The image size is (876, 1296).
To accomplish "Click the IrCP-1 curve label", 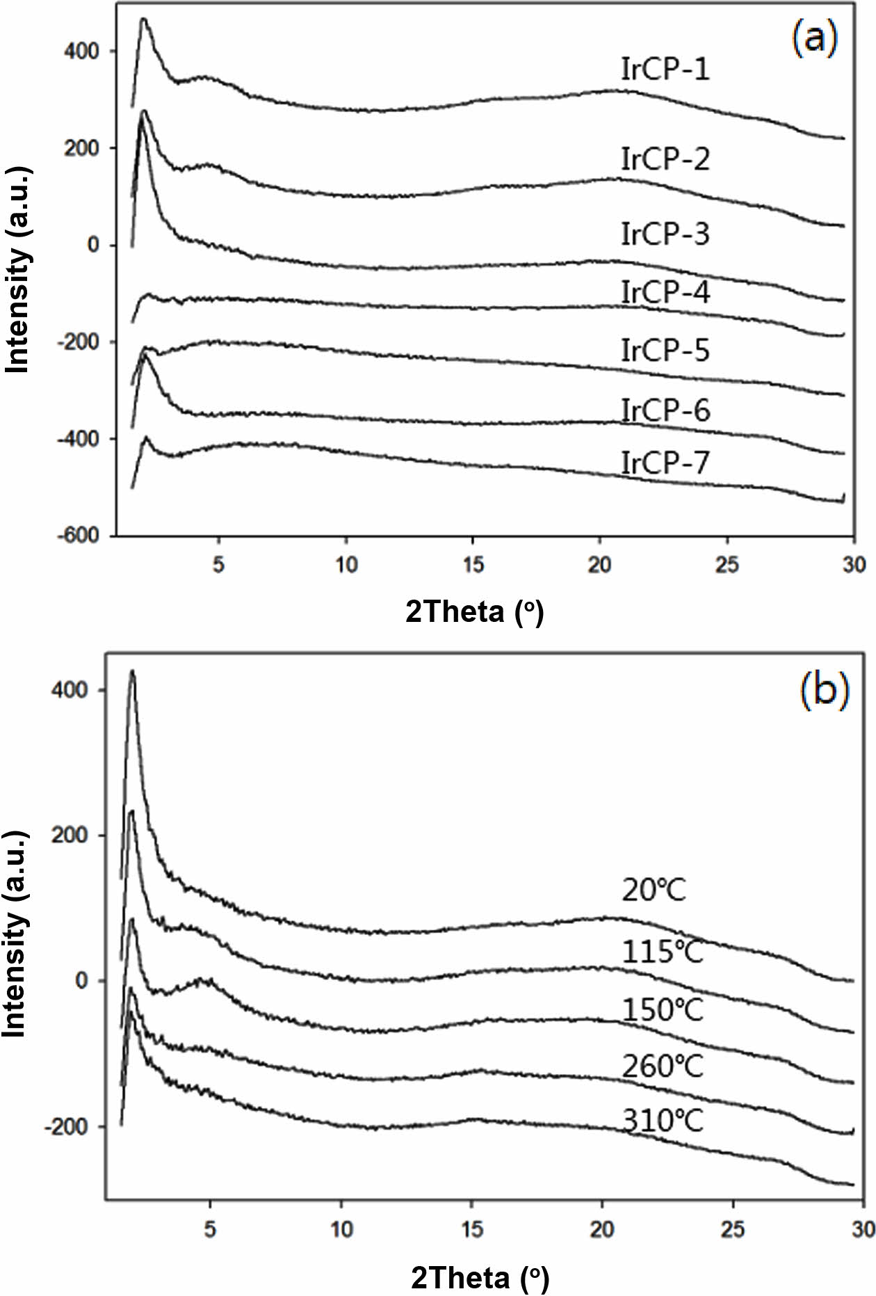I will [665, 70].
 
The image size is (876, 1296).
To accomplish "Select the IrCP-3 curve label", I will [665, 234].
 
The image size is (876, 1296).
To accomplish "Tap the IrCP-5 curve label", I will [665, 350].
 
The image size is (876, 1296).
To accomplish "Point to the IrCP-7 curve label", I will [665, 463].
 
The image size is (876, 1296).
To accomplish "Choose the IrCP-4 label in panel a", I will [665, 292].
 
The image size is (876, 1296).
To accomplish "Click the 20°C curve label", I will [654, 890].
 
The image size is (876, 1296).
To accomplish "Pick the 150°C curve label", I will [662, 1010].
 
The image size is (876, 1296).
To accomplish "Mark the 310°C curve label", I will [662, 1121].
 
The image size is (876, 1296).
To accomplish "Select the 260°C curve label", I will [662, 1066].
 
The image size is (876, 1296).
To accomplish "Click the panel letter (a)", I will [814, 38].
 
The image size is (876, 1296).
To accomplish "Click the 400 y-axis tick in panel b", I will [70, 690].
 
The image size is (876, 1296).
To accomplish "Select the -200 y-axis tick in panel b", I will [65, 1127].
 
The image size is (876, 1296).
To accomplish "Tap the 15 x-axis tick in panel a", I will [473, 564].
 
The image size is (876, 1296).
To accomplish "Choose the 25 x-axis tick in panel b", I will [732, 1229].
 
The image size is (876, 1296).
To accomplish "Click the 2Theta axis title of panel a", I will [474, 611].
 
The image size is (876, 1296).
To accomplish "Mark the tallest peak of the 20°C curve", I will [132, 672].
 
